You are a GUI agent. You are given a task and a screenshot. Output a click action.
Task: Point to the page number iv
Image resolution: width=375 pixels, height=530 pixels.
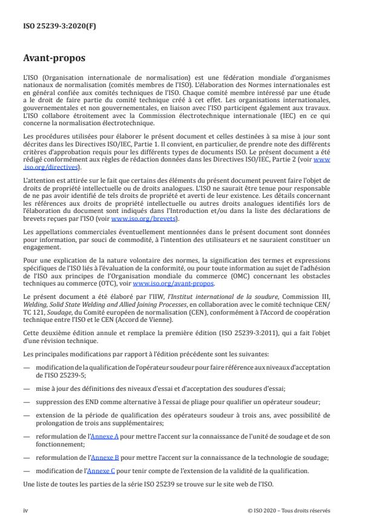25,510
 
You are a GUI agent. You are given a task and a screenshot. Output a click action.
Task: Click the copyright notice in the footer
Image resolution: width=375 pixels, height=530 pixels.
289,510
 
